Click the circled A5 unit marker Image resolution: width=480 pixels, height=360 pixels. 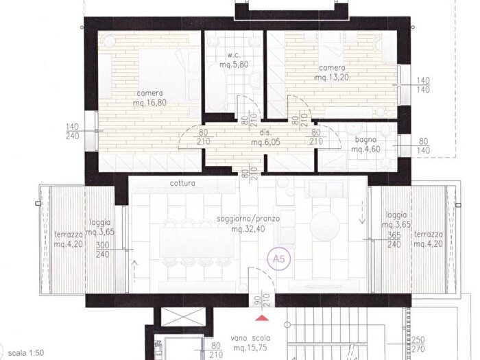278,259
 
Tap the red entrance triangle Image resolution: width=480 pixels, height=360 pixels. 262,318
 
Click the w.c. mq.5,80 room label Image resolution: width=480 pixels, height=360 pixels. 235,60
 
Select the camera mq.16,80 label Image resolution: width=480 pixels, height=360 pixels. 149,98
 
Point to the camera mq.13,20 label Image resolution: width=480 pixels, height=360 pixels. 332,73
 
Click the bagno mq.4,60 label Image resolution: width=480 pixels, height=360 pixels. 365,145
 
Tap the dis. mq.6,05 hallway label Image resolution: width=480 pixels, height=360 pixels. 266,137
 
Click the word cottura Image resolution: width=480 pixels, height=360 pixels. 182,183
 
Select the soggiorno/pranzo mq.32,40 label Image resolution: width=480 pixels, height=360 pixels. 248,224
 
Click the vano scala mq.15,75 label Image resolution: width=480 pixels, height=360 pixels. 250,343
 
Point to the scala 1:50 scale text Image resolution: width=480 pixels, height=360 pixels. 26,352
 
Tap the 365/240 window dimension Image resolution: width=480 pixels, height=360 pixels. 394,240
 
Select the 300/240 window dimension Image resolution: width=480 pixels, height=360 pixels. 103,250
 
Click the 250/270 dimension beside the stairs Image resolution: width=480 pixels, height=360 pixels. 418,344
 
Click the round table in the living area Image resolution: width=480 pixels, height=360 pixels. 325,226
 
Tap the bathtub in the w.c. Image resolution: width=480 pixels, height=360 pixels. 217,88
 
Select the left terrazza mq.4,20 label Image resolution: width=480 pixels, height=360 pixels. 69,239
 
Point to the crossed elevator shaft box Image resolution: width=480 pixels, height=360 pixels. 183,317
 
